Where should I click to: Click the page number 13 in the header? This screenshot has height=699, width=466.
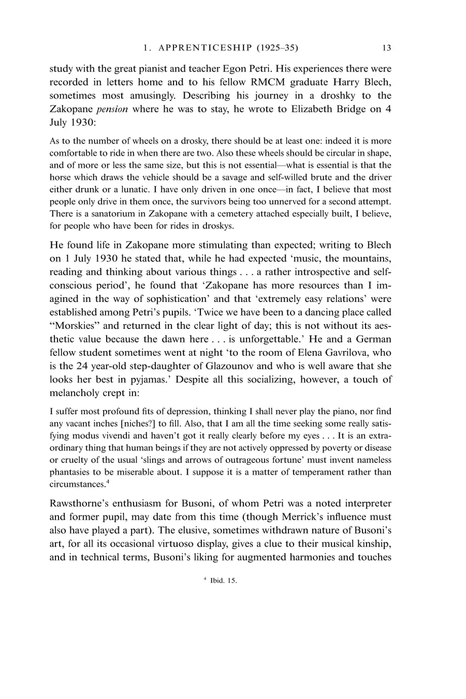(386, 48)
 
